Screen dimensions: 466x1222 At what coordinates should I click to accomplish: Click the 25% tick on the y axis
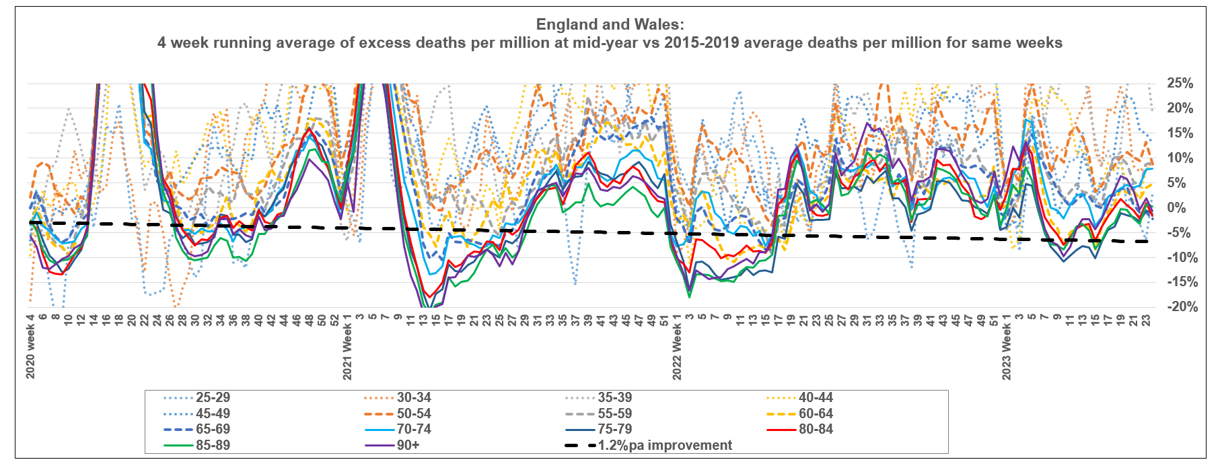click(1180, 84)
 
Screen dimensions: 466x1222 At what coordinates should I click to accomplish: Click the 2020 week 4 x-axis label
click(30, 346)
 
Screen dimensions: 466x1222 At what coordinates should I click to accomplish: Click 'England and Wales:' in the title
click(610, 25)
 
